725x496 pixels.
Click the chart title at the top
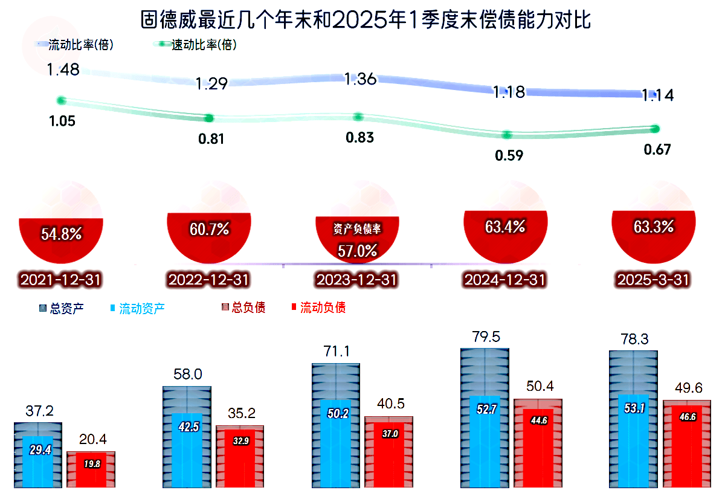(365, 19)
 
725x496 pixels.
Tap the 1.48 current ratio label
(63, 69)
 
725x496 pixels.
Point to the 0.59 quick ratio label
(509, 155)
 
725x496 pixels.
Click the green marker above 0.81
(210, 118)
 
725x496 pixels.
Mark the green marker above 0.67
(655, 128)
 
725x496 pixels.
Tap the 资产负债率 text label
(358, 230)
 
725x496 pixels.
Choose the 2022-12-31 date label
(208, 280)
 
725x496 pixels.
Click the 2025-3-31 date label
(653, 280)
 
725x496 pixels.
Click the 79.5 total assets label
(485, 337)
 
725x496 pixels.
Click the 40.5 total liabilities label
(388, 403)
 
